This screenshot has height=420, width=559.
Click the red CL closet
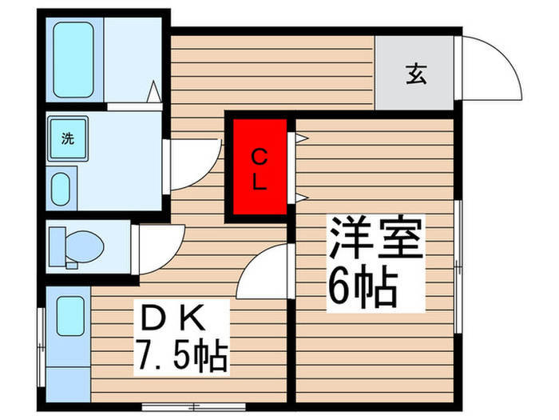(x=259, y=167)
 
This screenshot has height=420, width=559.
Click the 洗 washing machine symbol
(x=68, y=138)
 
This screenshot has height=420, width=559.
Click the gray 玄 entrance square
(x=417, y=74)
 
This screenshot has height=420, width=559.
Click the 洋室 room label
(x=373, y=238)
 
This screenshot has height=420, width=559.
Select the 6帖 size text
(x=361, y=285)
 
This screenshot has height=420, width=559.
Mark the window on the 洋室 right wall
(x=458, y=265)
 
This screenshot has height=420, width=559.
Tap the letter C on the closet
(x=259, y=154)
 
